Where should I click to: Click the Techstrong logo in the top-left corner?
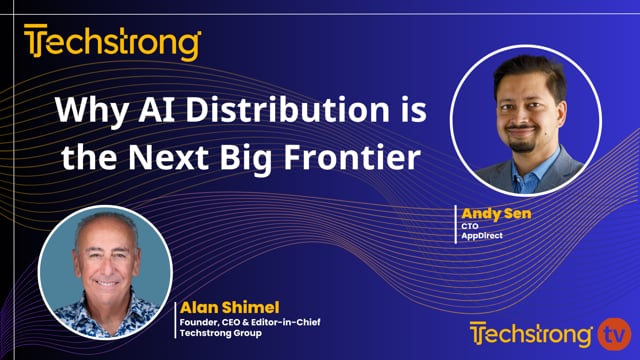click(112, 43)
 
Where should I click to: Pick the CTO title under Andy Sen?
click(468, 226)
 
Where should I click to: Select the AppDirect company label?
click(480, 237)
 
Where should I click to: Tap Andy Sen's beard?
click(523, 139)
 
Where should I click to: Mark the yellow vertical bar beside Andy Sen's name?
click(457, 225)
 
